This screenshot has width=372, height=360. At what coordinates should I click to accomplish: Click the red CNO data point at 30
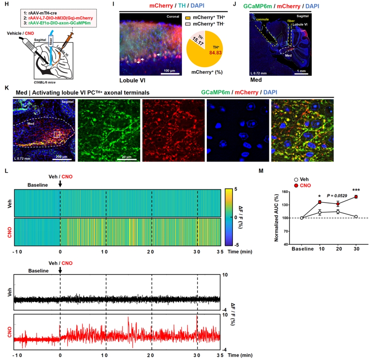click(x=356, y=197)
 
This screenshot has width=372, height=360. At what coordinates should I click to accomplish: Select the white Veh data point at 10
click(x=320, y=212)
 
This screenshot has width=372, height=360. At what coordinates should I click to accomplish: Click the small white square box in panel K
click(x=57, y=134)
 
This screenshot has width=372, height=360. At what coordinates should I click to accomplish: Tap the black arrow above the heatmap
click(x=60, y=184)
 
